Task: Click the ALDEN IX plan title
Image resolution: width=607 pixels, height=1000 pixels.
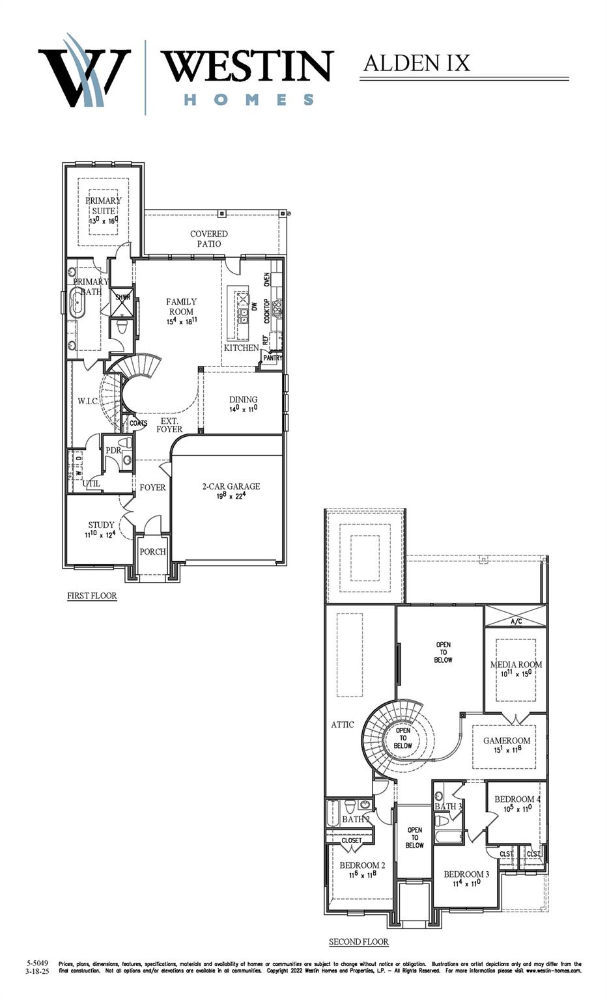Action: (416, 63)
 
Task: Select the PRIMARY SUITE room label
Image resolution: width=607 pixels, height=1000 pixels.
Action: (103, 206)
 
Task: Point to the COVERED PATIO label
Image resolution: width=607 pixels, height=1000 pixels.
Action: (209, 238)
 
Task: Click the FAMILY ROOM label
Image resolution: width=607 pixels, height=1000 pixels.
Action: (181, 306)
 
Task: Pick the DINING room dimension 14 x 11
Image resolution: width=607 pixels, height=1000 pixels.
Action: (244, 409)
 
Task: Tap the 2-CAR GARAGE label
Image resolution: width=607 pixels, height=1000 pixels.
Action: (231, 486)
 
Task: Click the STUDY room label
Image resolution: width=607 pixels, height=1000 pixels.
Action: (101, 525)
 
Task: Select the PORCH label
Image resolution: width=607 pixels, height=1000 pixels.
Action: (153, 551)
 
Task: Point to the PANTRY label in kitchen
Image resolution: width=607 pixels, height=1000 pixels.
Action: (273, 357)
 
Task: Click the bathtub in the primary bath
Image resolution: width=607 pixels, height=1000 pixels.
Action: (78, 303)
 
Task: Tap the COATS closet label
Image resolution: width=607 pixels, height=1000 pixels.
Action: (138, 423)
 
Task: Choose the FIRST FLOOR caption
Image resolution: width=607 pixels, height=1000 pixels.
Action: (92, 596)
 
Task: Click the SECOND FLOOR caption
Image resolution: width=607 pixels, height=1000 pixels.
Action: (358, 941)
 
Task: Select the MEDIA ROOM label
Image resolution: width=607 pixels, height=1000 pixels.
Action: (516, 665)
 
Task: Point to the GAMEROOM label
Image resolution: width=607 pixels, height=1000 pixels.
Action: (507, 741)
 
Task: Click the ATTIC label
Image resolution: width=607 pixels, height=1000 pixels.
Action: (343, 725)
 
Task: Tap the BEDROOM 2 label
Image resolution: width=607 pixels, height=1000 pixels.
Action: (362, 865)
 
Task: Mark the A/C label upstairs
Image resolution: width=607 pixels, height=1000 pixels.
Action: (516, 622)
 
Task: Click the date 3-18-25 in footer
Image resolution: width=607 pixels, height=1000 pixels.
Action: (38, 971)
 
